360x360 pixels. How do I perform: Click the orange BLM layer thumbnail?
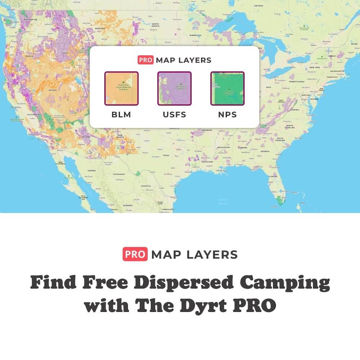tap(121, 88)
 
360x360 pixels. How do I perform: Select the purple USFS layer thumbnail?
tap(174, 88)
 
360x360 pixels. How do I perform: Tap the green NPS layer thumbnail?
tap(227, 88)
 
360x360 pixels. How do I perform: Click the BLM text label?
tap(121, 115)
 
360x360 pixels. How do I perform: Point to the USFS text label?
tap(174, 115)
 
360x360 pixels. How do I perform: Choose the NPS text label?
tap(227, 115)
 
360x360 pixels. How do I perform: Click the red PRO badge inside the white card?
tap(145, 60)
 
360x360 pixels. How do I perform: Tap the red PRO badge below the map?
tap(135, 255)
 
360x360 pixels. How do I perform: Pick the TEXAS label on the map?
tap(166, 156)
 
